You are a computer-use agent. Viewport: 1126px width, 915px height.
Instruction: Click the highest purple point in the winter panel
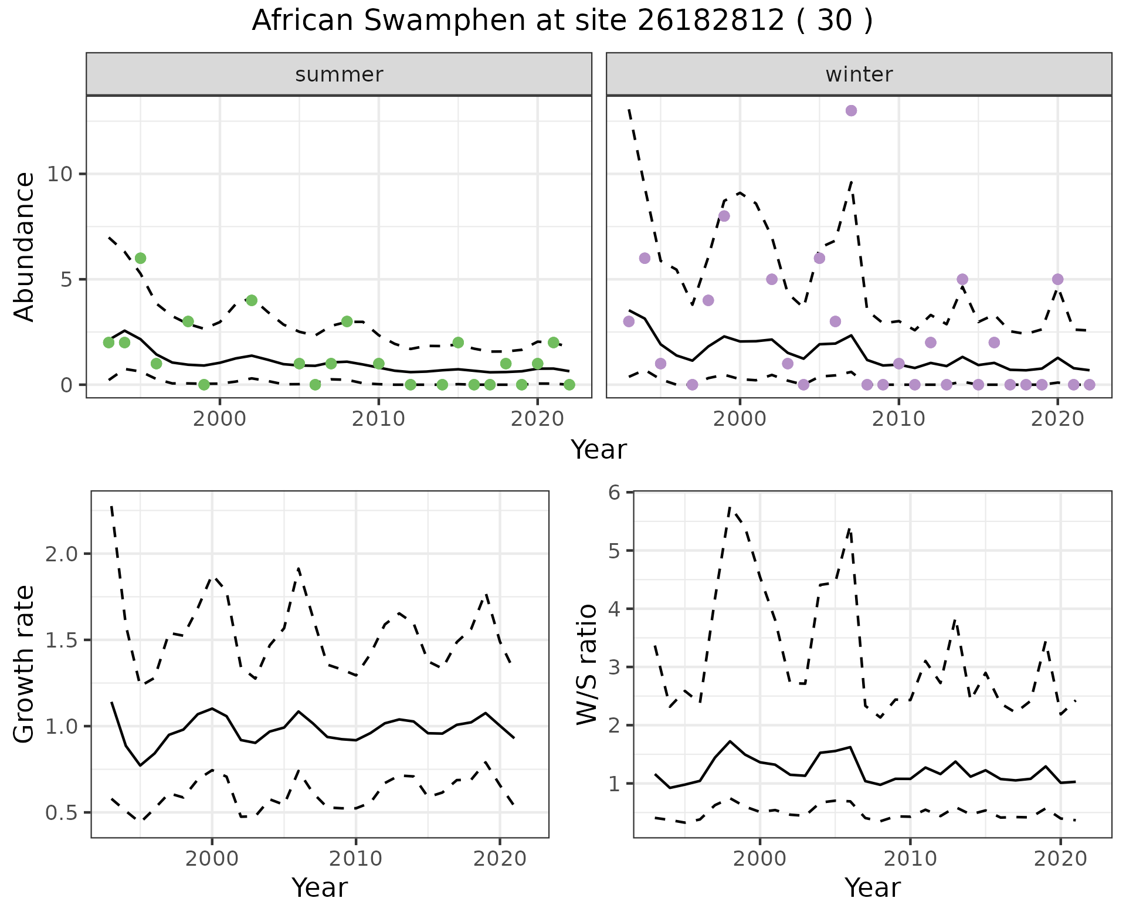pos(852,111)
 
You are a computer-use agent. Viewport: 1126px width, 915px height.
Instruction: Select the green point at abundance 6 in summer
pos(140,258)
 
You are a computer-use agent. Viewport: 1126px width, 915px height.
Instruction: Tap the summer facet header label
pos(339,74)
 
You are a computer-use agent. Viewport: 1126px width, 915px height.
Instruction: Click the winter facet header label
pos(859,74)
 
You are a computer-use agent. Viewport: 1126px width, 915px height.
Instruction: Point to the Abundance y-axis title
pos(25,246)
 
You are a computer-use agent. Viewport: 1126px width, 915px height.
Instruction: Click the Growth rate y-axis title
pos(25,664)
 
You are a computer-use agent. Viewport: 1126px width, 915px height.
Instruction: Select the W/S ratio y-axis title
pos(586,664)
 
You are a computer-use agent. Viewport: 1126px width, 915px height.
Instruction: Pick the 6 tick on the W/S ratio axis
pos(614,492)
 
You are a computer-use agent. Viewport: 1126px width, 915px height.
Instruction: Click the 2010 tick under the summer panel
pos(378,419)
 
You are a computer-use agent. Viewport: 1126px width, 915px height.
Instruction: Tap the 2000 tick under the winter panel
pos(740,419)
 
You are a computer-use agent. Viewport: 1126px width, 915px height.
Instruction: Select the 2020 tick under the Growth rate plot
pos(500,859)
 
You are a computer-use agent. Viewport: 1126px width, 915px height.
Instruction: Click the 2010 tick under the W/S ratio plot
pos(910,859)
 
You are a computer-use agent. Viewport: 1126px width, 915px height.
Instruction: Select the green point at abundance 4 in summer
pos(252,300)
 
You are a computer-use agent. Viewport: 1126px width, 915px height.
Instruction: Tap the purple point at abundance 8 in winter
pos(724,216)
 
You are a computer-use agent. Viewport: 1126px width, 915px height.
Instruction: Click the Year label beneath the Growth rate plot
pos(320,887)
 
